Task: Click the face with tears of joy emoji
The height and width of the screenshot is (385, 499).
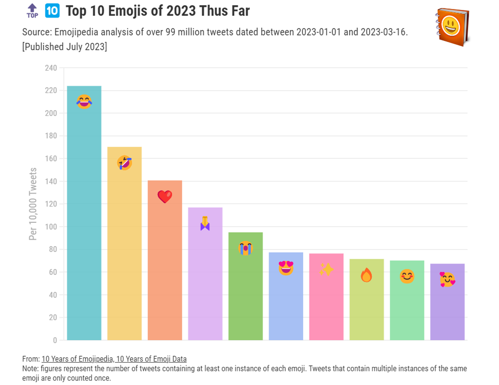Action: tap(84, 101)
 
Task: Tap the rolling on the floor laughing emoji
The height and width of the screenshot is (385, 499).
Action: tap(124, 163)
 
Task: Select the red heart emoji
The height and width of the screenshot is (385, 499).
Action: tap(165, 196)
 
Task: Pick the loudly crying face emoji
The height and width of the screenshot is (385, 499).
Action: tap(246, 248)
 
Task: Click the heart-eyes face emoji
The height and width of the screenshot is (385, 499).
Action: tap(286, 268)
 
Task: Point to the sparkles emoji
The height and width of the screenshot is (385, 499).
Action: tap(326, 269)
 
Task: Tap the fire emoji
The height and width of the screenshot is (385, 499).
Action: tap(366, 275)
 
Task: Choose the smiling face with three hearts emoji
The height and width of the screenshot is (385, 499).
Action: tap(447, 280)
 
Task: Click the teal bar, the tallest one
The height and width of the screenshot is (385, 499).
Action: tap(84, 219)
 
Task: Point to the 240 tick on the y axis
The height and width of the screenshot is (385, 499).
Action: tap(51, 68)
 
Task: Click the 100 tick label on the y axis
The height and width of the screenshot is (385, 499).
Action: tap(51, 227)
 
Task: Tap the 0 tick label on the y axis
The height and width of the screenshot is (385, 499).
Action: tap(55, 340)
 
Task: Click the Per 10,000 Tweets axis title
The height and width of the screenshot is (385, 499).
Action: tap(33, 204)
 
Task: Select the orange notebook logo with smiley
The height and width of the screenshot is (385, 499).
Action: tap(452, 27)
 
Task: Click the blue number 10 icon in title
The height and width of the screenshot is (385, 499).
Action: tap(52, 10)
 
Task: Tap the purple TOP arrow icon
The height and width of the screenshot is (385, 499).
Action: tap(32, 11)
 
